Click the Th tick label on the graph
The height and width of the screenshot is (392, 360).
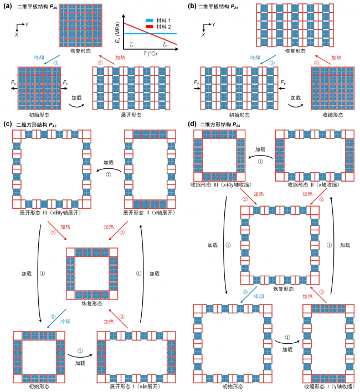tap(165, 45)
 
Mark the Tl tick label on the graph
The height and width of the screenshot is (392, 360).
tap(131, 45)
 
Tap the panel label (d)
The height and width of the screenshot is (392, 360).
tap(191, 125)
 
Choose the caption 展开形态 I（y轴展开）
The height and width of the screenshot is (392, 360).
tap(131, 386)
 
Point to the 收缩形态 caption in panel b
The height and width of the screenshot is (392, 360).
tap(331, 114)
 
